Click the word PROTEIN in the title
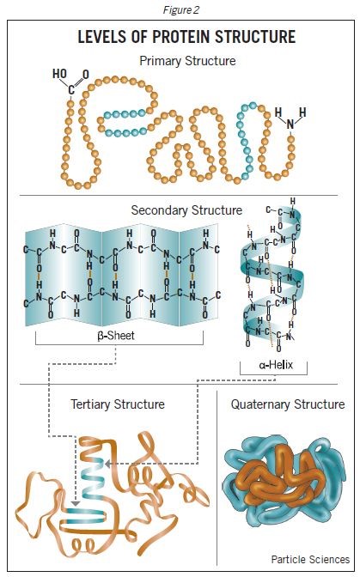[x=187, y=37]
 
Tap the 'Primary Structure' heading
[x=187, y=61]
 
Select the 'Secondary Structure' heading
[x=186, y=210]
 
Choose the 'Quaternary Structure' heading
[x=288, y=404]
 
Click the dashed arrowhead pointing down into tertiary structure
[x=76, y=504]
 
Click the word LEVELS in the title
[x=103, y=37]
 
